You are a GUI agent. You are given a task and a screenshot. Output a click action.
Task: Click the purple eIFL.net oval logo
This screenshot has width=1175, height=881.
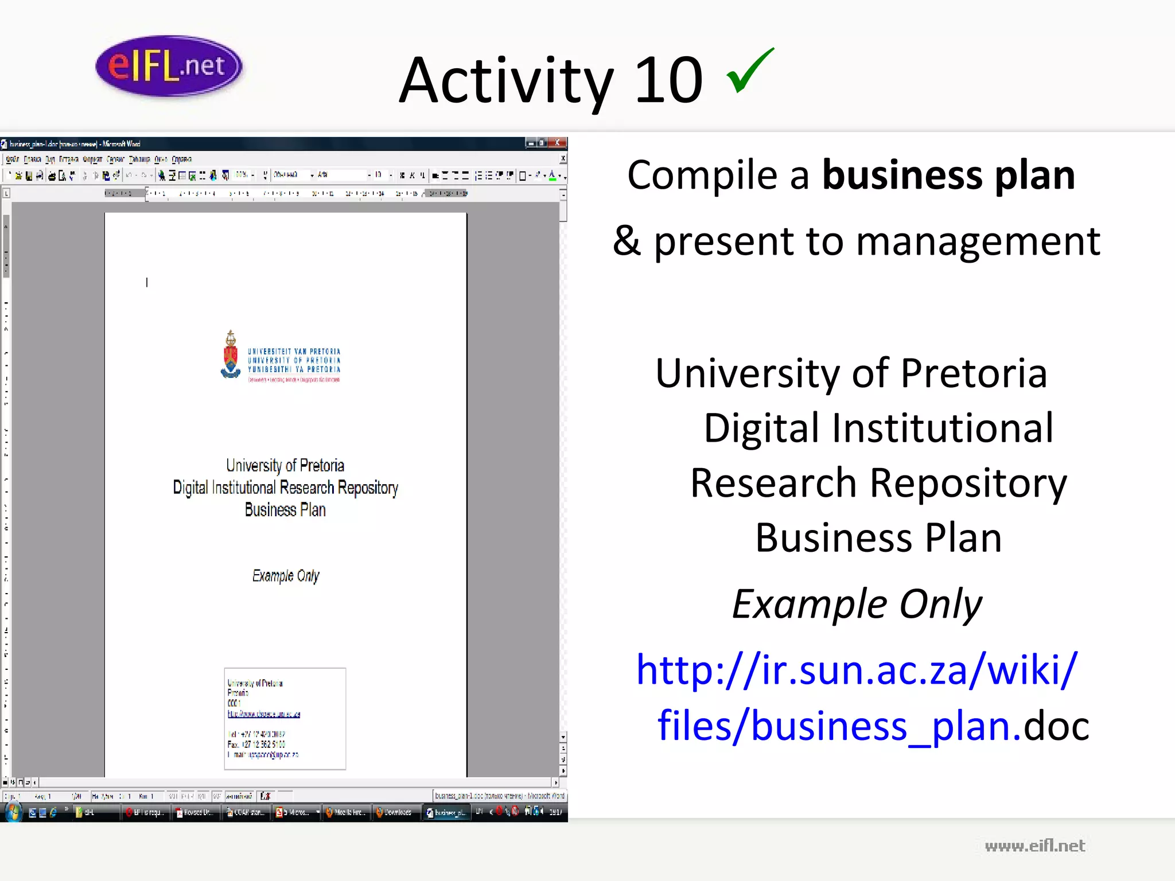click(169, 66)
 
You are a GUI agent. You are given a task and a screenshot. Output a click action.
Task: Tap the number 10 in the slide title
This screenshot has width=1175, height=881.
click(668, 81)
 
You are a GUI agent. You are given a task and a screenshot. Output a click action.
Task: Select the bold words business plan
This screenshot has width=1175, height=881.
click(948, 175)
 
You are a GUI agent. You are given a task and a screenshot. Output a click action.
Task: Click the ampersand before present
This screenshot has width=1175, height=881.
click(626, 241)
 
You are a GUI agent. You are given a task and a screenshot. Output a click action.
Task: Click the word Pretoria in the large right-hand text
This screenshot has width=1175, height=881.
click(974, 373)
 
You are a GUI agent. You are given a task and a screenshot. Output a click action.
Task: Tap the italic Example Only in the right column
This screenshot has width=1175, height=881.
click(857, 604)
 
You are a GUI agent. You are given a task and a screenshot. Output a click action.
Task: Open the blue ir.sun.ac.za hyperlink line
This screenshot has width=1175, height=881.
click(857, 669)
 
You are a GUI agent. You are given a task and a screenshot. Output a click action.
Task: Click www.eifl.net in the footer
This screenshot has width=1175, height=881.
click(1034, 845)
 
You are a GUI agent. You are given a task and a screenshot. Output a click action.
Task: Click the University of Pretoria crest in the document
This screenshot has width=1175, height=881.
click(231, 355)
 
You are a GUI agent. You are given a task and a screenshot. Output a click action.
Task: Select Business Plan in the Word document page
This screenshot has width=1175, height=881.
click(285, 510)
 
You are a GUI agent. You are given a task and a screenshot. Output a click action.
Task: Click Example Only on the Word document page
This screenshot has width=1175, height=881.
click(285, 576)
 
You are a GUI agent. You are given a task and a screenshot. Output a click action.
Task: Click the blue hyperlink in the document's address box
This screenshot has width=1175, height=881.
click(264, 714)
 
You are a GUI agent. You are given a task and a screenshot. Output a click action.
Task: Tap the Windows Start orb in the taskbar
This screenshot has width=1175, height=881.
click(13, 812)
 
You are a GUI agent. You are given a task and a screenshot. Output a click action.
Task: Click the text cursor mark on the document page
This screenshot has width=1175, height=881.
click(147, 282)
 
